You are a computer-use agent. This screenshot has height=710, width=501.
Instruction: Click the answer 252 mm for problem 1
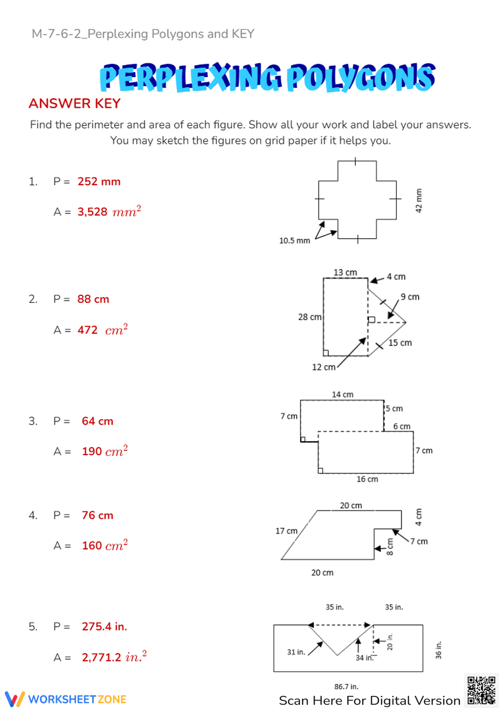coord(99,182)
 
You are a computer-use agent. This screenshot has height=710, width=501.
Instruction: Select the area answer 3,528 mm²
coord(109,212)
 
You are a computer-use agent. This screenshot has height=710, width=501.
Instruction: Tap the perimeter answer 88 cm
coord(93,299)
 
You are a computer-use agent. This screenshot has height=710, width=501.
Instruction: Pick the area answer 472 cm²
coord(102,330)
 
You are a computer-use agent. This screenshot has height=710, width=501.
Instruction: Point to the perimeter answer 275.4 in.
coord(104,627)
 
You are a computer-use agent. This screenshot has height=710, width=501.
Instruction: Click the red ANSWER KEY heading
coord(75,103)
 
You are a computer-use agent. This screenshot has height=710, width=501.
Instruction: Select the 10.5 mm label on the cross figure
coord(294,241)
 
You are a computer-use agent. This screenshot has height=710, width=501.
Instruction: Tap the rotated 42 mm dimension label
coord(419,201)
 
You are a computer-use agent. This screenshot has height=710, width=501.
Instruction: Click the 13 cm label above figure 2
coord(345,272)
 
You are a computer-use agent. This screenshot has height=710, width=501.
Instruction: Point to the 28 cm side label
coord(309,317)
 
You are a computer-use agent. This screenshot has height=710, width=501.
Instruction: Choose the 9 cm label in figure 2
coord(410,297)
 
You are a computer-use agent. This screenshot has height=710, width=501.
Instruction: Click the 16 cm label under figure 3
coord(367,479)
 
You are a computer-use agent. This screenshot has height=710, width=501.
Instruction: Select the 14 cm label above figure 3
coord(343,395)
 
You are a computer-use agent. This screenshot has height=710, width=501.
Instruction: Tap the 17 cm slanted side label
coord(286,531)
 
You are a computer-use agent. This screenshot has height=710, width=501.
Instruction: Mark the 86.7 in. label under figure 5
coord(346,686)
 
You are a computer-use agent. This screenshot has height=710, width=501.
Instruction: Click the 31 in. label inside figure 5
coord(296,652)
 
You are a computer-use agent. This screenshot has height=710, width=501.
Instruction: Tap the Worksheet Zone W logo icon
coord(15,699)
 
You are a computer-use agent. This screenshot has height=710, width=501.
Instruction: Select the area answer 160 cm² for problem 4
coord(105,546)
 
